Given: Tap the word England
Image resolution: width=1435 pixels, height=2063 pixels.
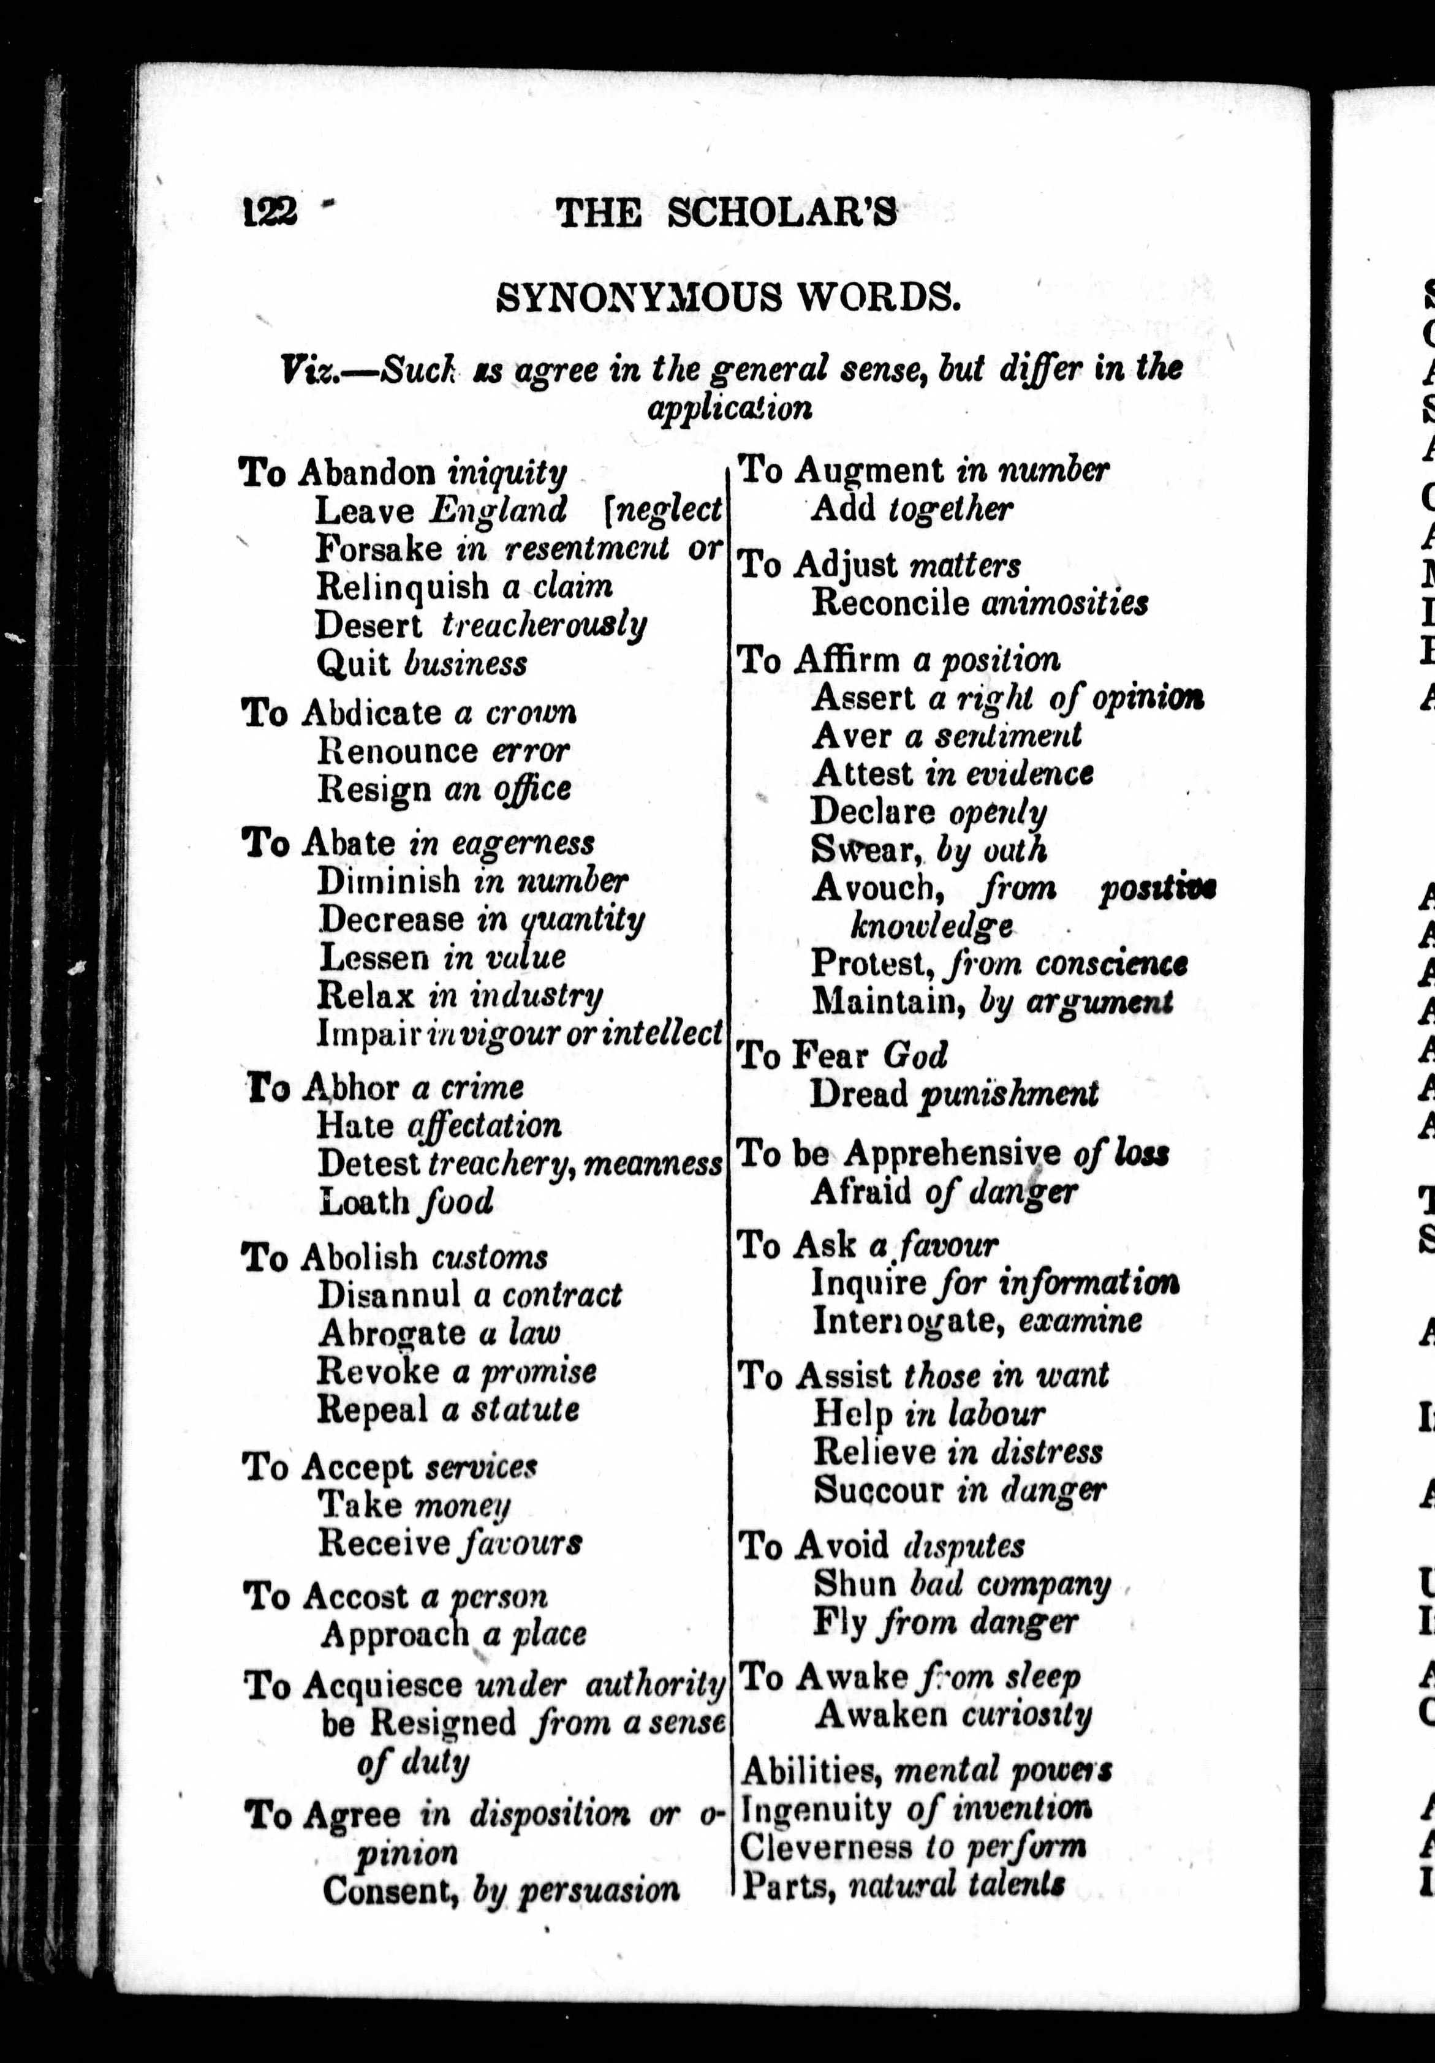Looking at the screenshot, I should click(498, 510).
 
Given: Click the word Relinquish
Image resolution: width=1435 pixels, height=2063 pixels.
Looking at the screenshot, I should click(403, 586).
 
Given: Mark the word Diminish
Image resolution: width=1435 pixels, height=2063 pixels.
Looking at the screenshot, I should click(389, 881).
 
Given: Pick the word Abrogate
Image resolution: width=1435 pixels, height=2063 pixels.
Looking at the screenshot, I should click(392, 1332).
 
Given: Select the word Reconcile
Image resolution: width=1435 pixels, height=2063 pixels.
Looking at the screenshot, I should click(890, 602).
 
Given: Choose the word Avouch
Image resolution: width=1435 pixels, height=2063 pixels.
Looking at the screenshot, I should click(873, 888).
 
